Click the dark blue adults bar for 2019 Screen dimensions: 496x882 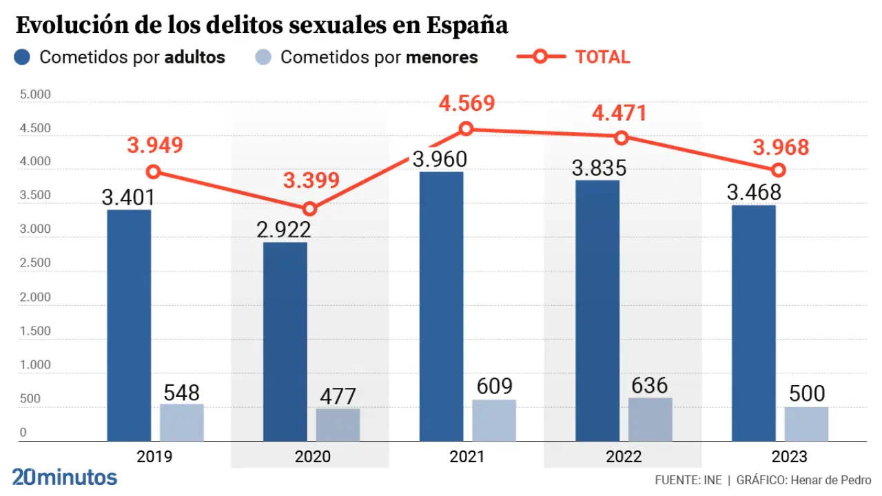(129, 325)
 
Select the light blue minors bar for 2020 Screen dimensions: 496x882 (338, 424)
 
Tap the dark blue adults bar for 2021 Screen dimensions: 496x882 (441, 306)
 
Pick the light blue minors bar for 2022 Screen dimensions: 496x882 (650, 419)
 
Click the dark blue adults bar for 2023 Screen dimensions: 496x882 (753, 322)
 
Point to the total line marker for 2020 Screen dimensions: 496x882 (310, 209)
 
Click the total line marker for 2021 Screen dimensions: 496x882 (466, 129)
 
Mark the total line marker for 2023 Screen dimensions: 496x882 (779, 170)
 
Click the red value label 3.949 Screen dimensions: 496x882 (154, 145)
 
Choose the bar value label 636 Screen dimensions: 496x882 (649, 385)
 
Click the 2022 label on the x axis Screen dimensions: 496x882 (623, 457)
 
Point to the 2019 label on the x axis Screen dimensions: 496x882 (154, 457)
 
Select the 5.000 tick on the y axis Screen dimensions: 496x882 (34, 94)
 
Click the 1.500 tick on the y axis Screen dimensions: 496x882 (34, 331)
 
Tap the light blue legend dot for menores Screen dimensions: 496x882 (263, 57)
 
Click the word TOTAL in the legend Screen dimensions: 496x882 (602, 57)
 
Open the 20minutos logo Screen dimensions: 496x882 (65, 477)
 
